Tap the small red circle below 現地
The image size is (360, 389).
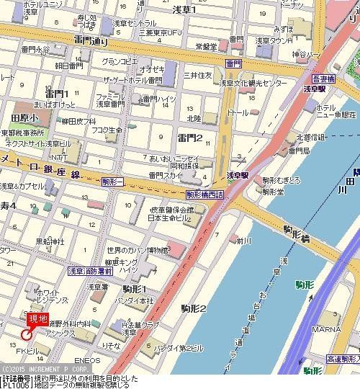tap(27, 334)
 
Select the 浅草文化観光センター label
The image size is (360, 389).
tap(253, 84)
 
